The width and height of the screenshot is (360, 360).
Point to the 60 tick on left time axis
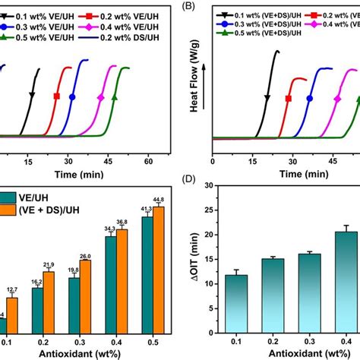[150, 162]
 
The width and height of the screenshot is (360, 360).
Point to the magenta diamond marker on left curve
[101, 97]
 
